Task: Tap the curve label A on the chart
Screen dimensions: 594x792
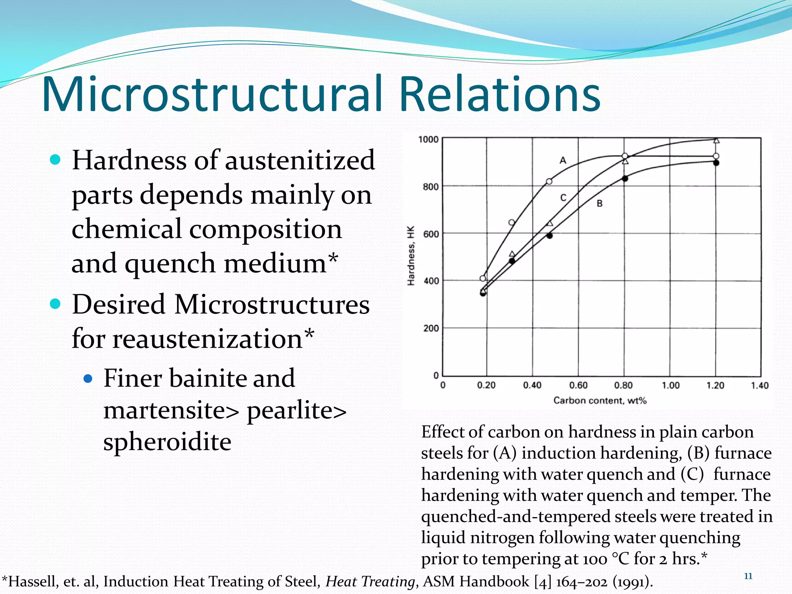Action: click(x=563, y=160)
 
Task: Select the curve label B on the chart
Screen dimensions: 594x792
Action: click(x=599, y=203)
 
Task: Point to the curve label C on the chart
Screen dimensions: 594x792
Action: click(x=563, y=198)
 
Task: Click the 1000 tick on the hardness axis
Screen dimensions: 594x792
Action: click(x=428, y=139)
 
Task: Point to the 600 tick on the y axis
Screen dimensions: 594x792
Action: click(x=431, y=234)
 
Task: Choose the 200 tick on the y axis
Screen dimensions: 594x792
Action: click(x=431, y=329)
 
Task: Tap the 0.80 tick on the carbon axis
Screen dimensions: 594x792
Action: click(x=623, y=385)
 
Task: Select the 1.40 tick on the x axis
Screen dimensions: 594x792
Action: click(x=760, y=385)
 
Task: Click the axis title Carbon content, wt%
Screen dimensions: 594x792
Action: click(x=600, y=400)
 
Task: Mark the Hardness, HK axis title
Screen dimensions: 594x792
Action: click(x=411, y=256)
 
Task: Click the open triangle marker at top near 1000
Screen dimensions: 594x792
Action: click(x=716, y=140)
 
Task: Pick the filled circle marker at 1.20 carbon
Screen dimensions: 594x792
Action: click(x=716, y=163)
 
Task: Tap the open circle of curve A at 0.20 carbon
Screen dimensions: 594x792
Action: click(x=483, y=278)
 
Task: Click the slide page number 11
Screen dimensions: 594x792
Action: click(x=748, y=576)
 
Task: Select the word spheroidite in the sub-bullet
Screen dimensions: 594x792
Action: click(x=167, y=442)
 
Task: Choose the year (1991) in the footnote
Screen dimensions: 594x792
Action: click(x=633, y=582)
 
